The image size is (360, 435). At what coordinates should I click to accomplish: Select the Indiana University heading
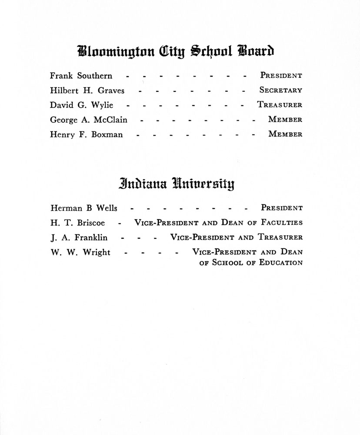click(x=177, y=184)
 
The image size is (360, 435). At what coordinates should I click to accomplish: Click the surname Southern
click(x=95, y=76)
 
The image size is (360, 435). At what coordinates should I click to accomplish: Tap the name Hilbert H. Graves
click(x=87, y=91)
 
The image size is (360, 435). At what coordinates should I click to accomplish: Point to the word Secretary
click(x=280, y=90)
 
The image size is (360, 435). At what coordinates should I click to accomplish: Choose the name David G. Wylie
click(x=81, y=105)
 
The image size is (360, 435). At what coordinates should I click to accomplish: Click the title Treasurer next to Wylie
click(x=280, y=105)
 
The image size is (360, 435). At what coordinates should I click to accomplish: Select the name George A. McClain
click(x=89, y=120)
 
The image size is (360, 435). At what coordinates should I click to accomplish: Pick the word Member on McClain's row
click(x=285, y=120)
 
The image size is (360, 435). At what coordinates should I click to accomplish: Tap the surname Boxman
click(x=107, y=135)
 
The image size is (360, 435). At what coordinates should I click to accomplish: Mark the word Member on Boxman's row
click(x=285, y=134)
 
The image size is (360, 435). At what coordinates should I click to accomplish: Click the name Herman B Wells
click(x=83, y=208)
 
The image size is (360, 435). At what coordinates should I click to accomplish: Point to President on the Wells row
click(x=281, y=208)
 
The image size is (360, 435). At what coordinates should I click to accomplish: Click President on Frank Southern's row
click(x=281, y=75)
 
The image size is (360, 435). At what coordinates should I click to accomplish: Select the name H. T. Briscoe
click(x=77, y=223)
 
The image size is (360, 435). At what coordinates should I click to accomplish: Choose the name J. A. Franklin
click(x=79, y=238)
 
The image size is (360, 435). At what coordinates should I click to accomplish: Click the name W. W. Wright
click(x=80, y=253)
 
